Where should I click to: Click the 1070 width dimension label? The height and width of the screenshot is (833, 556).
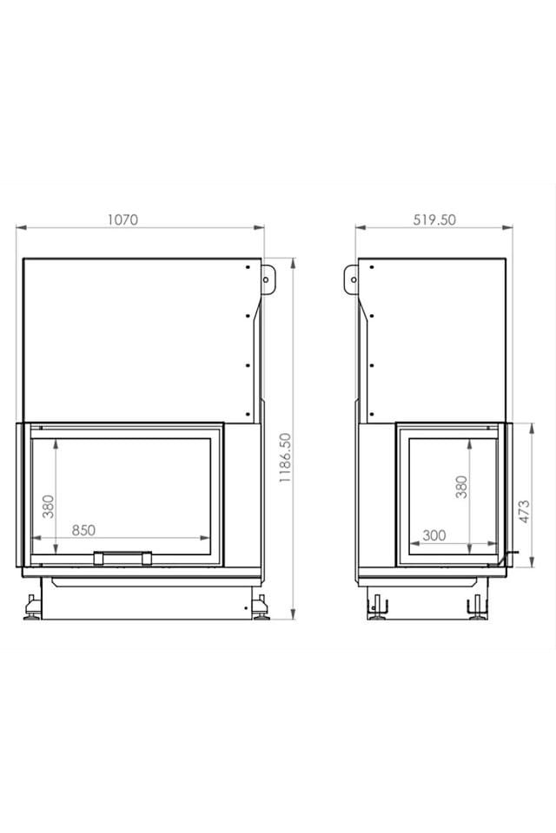click(122, 220)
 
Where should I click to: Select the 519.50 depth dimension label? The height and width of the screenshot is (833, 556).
click(434, 220)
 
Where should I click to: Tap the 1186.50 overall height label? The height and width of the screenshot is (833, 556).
click(286, 457)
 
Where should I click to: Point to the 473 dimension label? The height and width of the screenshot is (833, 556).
click(524, 512)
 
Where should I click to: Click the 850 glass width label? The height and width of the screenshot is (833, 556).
click(83, 529)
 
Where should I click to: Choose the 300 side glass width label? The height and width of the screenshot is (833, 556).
click(434, 535)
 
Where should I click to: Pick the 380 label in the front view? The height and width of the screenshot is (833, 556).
click(49, 506)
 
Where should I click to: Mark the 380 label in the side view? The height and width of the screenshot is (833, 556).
click(461, 487)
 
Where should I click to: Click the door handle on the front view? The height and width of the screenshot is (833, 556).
click(122, 558)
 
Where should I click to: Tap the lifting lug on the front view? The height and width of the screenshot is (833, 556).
click(268, 279)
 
